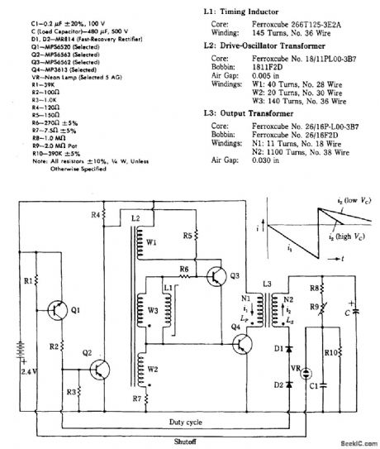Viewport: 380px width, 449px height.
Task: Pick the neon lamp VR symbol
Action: [x=305, y=372]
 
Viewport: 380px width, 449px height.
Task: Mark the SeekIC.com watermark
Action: [x=355, y=442]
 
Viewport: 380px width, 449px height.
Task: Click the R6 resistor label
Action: [x=183, y=268]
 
